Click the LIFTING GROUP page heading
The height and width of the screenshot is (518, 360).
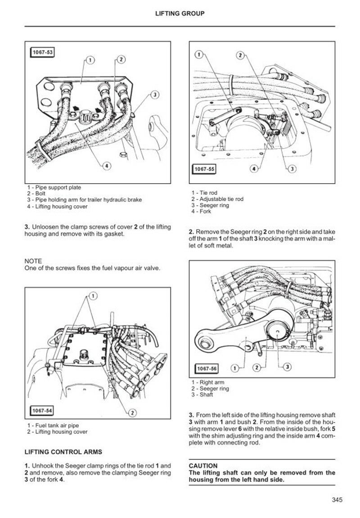click(x=180, y=14)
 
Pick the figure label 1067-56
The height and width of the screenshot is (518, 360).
click(x=207, y=369)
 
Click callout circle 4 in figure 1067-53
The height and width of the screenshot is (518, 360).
click(x=107, y=166)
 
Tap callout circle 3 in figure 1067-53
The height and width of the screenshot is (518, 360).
click(x=154, y=95)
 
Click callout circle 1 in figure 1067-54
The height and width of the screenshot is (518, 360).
click(x=93, y=296)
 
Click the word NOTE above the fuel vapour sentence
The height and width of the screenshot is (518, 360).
click(x=33, y=261)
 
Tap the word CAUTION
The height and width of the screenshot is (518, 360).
click(x=203, y=466)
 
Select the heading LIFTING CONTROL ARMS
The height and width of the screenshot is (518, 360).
click(x=63, y=451)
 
